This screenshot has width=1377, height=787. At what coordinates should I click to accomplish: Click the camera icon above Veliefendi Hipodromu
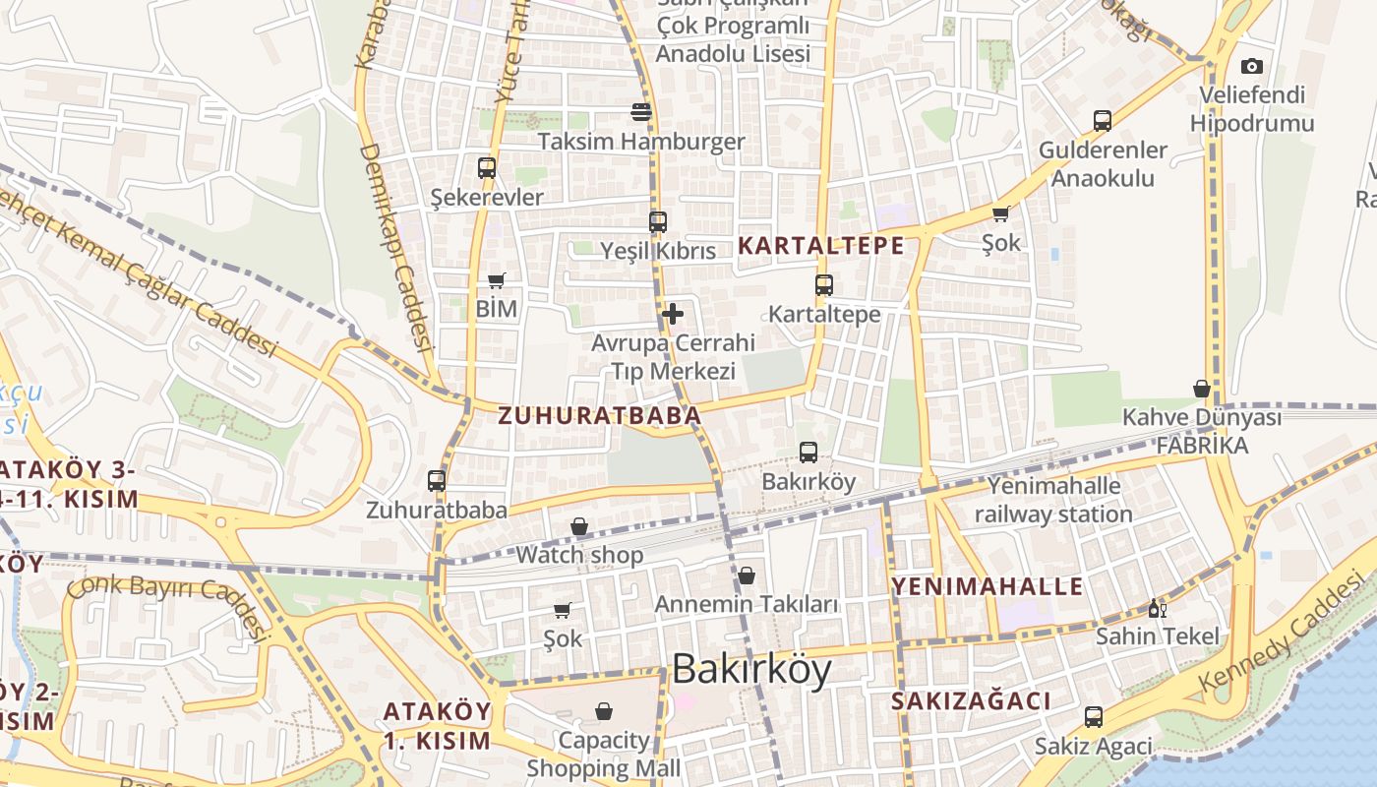(x=1251, y=67)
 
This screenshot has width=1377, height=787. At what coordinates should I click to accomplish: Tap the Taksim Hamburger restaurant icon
(x=641, y=112)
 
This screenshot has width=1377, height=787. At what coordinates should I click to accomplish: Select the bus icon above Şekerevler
(x=487, y=167)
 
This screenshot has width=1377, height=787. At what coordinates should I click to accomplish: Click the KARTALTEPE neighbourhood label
(x=820, y=246)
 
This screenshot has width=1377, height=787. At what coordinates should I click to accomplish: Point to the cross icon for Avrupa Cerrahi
(x=673, y=314)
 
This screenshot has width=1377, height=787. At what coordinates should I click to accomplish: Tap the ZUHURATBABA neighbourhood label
(x=600, y=416)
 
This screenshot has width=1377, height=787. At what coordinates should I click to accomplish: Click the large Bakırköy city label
(x=751, y=670)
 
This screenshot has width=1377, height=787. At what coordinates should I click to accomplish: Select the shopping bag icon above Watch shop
(x=579, y=526)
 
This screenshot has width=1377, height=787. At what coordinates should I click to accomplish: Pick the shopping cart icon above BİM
(x=497, y=280)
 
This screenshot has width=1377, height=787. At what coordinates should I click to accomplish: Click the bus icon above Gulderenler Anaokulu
(x=1103, y=121)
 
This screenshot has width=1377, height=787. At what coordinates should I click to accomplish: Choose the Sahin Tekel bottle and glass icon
(x=1158, y=608)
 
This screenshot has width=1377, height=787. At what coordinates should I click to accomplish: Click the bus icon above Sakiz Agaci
(x=1093, y=717)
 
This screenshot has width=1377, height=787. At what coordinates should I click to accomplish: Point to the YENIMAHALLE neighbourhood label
(x=987, y=587)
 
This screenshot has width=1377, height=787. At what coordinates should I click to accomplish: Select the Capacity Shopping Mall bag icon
(x=604, y=711)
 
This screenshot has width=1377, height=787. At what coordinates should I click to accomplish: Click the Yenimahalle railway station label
(x=1053, y=500)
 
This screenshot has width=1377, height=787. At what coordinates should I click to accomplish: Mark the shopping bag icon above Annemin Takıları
(x=747, y=575)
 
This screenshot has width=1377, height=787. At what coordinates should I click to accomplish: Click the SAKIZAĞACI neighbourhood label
(x=971, y=701)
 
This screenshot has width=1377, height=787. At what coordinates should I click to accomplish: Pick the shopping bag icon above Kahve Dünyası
(x=1201, y=389)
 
